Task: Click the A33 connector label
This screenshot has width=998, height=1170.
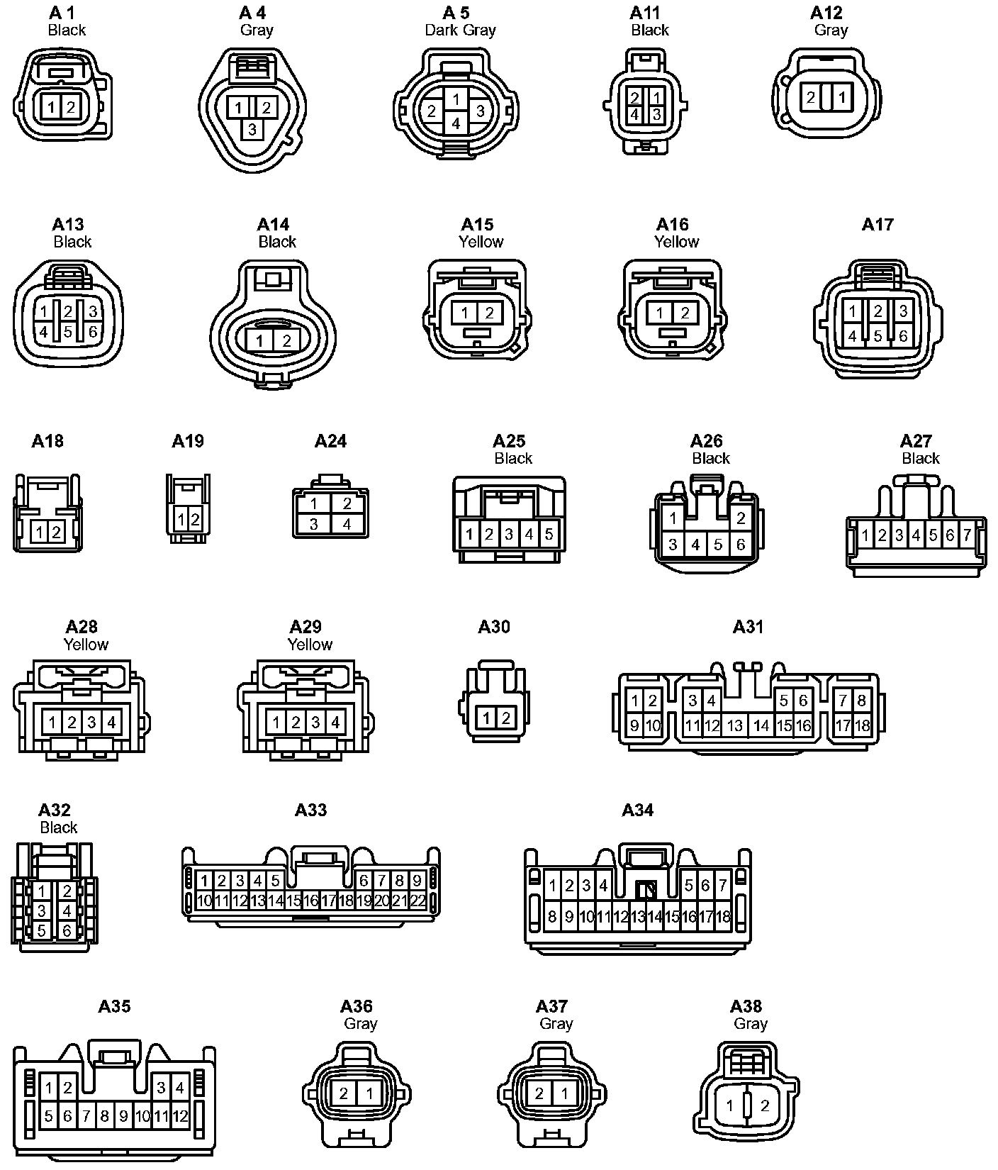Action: (x=310, y=810)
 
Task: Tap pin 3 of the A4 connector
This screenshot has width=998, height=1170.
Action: (x=252, y=130)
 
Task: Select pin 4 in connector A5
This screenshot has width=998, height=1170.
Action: (x=456, y=123)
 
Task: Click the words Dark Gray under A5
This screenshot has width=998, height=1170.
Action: (x=460, y=30)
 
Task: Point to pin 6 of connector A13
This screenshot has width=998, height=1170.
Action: (x=93, y=332)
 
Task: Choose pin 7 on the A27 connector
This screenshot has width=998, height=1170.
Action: (x=967, y=535)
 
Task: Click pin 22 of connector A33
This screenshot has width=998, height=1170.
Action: (x=418, y=901)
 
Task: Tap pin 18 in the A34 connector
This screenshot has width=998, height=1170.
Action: (x=723, y=917)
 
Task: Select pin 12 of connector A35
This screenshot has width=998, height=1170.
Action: (x=180, y=1117)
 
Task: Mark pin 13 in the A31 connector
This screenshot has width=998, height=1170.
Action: (x=735, y=725)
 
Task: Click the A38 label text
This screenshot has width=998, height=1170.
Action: (x=746, y=1006)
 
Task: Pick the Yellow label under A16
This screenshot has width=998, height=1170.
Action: (x=676, y=242)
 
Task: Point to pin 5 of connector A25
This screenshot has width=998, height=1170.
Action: (x=549, y=534)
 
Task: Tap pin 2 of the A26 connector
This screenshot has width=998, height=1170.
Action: (x=741, y=518)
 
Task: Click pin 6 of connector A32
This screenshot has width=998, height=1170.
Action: (x=67, y=930)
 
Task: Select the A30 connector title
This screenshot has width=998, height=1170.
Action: (x=494, y=627)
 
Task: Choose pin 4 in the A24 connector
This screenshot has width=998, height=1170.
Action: (x=347, y=525)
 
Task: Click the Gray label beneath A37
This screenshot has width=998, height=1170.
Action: (x=556, y=1023)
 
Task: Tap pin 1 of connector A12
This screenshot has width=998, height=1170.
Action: (x=842, y=97)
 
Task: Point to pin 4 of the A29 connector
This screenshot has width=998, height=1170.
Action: (x=335, y=723)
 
